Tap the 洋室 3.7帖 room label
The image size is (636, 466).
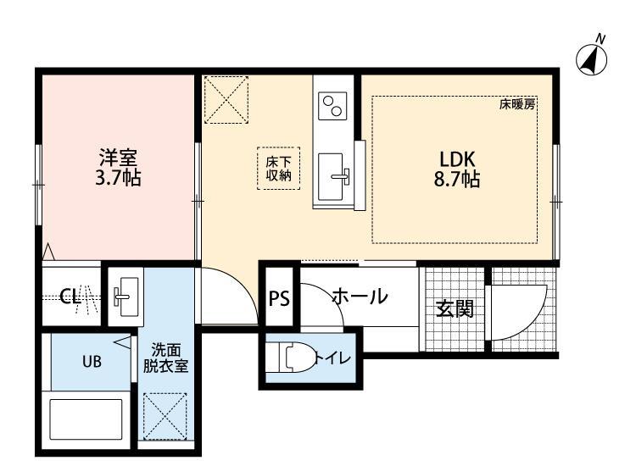(119, 168)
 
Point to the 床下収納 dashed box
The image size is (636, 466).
(278, 169)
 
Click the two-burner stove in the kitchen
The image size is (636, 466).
(332, 106)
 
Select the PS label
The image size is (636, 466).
(278, 298)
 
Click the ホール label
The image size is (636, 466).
(360, 297)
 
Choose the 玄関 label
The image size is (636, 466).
(454, 308)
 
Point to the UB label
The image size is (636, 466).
(91, 361)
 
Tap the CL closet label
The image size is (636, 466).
(70, 297)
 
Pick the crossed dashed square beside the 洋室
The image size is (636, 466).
(228, 99)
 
